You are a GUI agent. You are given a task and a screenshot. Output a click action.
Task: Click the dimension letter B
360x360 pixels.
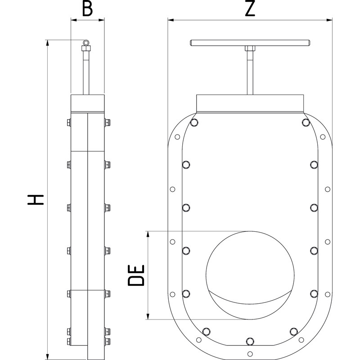pyautogui.click(x=88, y=9)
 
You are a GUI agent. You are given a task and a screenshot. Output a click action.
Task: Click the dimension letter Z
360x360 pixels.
pyautogui.click(x=250, y=9)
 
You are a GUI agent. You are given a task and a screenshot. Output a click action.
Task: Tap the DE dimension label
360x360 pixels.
pyautogui.click(x=136, y=275)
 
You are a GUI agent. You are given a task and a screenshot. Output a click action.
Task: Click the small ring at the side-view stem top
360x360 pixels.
pyautogui.click(x=86, y=42)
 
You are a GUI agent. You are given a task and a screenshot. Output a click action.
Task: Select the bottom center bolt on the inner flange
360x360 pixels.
pyautogui.click(x=250, y=340)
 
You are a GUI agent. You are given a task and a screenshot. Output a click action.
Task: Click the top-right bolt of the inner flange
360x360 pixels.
pyautogui.click(x=306, y=122)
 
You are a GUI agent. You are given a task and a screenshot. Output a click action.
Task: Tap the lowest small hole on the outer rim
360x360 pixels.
pyautogui.click(x=250, y=352)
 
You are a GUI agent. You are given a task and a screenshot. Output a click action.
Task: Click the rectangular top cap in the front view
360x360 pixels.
pyautogui.click(x=250, y=104)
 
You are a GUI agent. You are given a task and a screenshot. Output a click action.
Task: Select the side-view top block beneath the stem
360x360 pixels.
pyautogui.click(x=88, y=103)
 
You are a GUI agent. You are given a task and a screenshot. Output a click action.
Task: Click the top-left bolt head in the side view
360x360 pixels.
pyautogui.click(x=68, y=122)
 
